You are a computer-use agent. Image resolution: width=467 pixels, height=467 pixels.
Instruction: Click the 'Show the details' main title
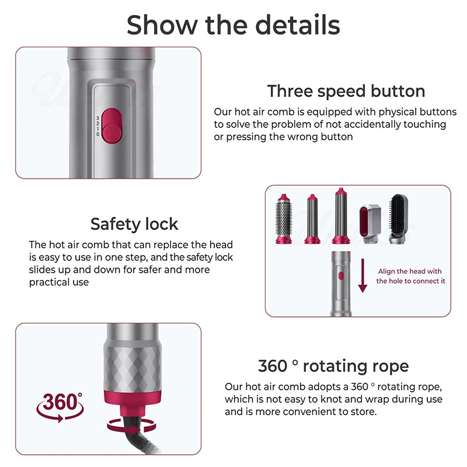[x=233, y=25]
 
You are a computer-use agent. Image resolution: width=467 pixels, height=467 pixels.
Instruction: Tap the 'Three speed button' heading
[x=346, y=91]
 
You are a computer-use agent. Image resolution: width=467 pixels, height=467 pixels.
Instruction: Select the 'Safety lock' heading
[x=134, y=224]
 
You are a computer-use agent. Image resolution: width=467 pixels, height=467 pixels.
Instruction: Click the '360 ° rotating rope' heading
[x=333, y=366]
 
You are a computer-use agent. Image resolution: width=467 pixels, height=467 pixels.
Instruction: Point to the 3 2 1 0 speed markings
[x=97, y=126]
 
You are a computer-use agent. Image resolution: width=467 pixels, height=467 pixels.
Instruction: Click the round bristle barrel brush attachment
[x=284, y=218]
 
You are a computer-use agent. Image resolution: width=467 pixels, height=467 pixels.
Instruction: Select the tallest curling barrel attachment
[x=341, y=215]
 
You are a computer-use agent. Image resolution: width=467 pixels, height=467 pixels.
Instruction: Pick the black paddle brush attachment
[x=399, y=218]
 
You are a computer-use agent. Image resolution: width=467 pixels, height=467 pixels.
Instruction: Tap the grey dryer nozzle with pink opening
[x=370, y=224]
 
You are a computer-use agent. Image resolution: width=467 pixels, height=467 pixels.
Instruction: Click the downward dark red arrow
[x=363, y=276]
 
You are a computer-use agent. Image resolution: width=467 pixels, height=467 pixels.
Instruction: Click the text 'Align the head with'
[x=410, y=271]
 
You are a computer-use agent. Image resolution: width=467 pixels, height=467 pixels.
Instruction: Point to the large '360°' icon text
[x=61, y=402]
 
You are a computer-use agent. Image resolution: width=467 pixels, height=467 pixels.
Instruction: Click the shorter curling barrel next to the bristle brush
[x=312, y=219]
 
